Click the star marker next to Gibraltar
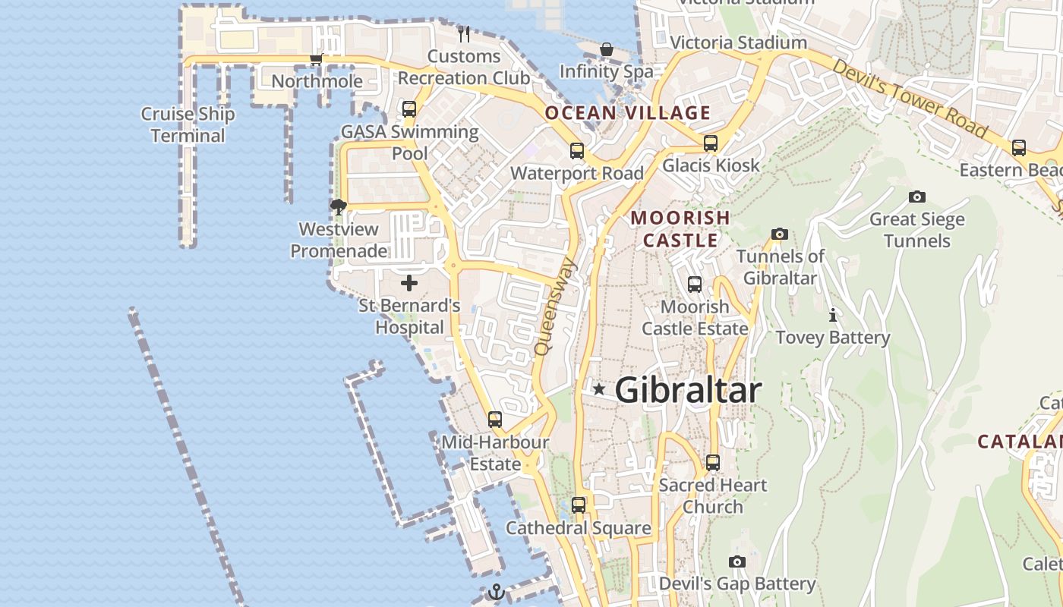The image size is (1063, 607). tap(599, 389)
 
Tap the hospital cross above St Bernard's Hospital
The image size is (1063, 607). tap(409, 283)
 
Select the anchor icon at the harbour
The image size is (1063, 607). tap(496, 592)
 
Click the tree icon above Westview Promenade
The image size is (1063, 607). tap(339, 206)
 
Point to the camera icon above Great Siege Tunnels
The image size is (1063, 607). tap(917, 197)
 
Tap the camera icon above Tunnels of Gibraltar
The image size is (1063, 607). tap(779, 234)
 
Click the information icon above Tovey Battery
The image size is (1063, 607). tap(833, 315)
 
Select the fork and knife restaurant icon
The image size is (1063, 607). tap(464, 33)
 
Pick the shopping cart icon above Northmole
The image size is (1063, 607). tap(317, 59)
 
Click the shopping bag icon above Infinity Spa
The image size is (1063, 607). tap(607, 49)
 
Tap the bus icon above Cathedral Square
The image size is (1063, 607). tap(579, 505)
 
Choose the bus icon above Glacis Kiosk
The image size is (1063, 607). tap(711, 143)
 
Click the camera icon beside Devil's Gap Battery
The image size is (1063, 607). tap(737, 562)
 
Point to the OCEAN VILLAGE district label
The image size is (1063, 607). tap(628, 113)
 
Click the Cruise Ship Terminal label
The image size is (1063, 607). tap(188, 125)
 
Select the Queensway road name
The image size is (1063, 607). tap(557, 307)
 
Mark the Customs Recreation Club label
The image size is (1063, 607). tap(464, 67)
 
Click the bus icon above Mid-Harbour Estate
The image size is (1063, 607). tap(495, 419)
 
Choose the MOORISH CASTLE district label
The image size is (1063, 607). tap(680, 229)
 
